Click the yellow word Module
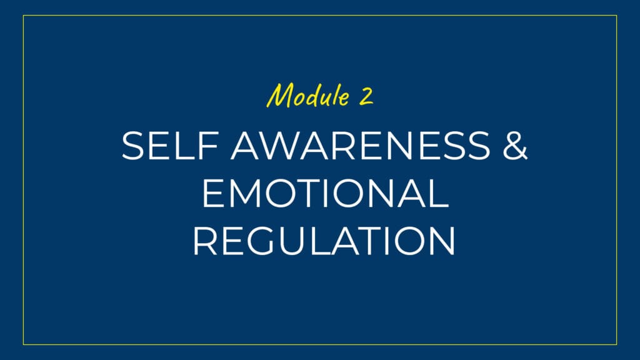pyautogui.click(x=308, y=96)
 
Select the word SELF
pyautogui.click(x=169, y=145)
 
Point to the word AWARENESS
pyautogui.click(x=361, y=145)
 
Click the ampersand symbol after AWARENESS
pyautogui.click(x=515, y=145)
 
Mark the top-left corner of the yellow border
pyautogui.click(x=23, y=16)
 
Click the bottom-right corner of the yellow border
pyautogui.click(x=617, y=345)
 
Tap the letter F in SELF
pyautogui.click(x=207, y=145)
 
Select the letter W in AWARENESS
pyautogui.click(x=281, y=145)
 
